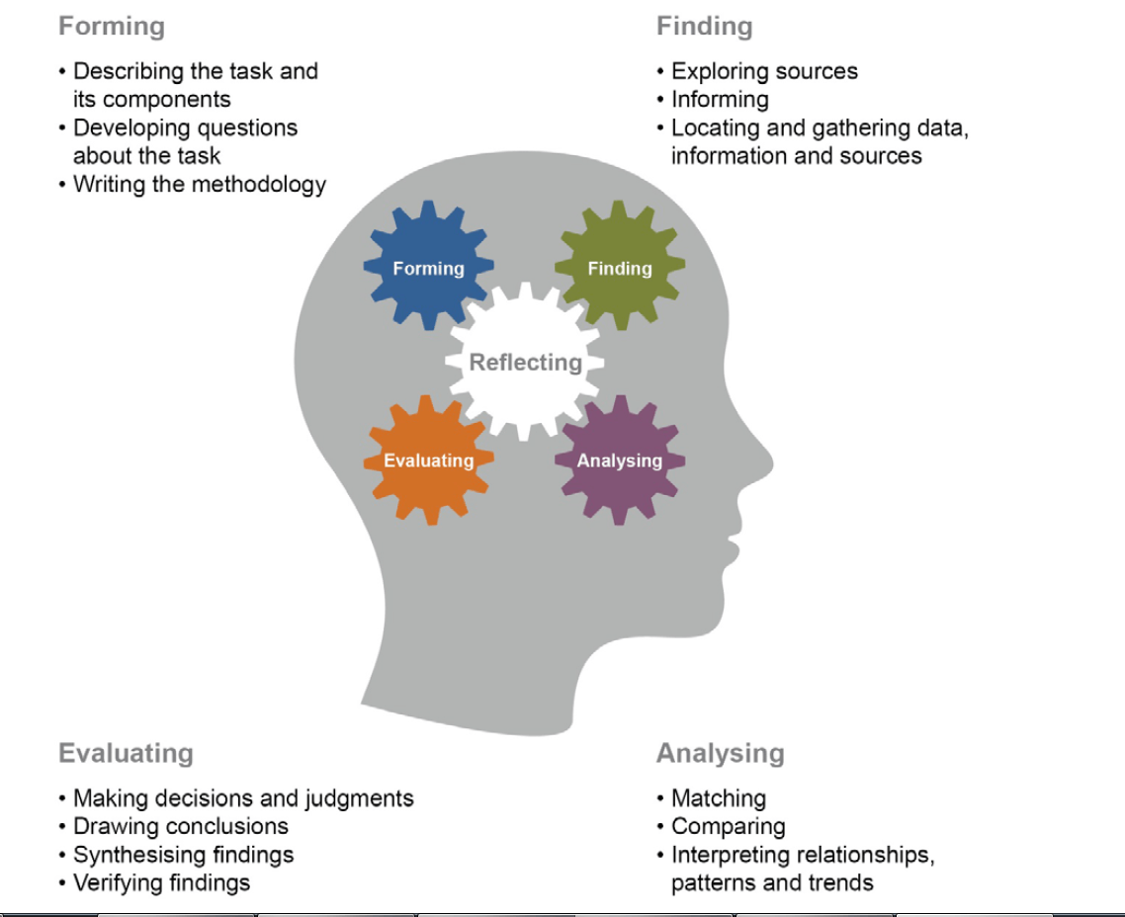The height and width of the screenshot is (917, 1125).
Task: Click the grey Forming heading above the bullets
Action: click(x=112, y=27)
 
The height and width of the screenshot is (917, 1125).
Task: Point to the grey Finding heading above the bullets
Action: click(x=704, y=27)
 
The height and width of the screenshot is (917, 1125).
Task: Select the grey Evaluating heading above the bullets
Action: click(x=126, y=753)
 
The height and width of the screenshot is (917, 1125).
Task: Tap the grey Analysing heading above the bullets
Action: click(x=720, y=753)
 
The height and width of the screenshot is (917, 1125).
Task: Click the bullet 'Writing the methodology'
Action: click(x=199, y=184)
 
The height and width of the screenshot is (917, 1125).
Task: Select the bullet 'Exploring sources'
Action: click(x=764, y=71)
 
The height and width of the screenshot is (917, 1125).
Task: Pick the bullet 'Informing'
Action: click(x=720, y=99)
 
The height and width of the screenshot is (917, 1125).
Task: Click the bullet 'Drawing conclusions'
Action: click(x=181, y=826)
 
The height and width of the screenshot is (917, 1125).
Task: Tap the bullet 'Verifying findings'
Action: click(x=161, y=882)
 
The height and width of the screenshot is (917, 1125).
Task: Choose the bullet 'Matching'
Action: click(x=719, y=797)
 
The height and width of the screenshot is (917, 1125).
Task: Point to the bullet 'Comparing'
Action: click(x=728, y=826)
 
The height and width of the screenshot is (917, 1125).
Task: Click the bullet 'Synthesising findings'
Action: click(x=183, y=854)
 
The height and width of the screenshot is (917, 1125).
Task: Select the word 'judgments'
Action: click(x=361, y=797)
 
